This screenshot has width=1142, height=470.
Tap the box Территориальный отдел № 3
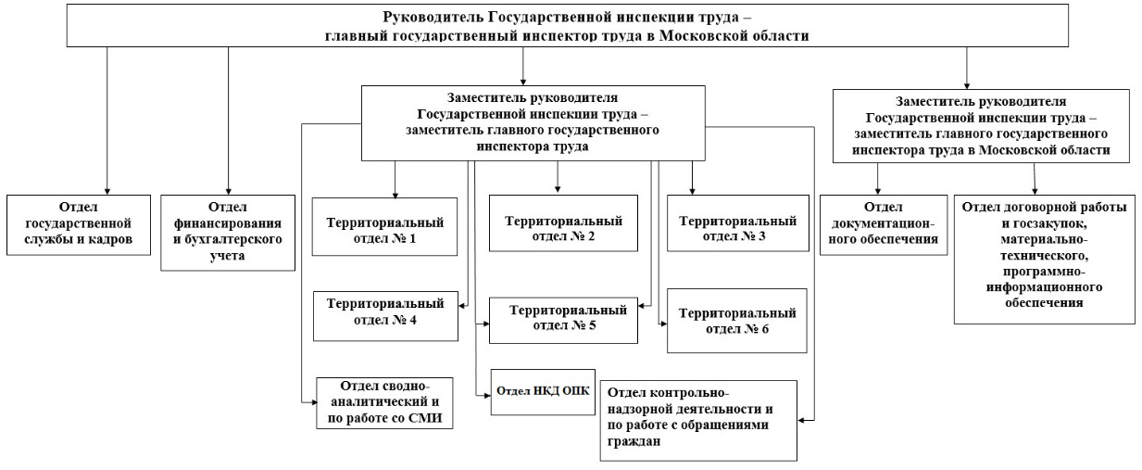click(737, 228)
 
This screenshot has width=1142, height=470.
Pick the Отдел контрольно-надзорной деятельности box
click(698, 418)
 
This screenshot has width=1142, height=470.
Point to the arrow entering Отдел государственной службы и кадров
click(107, 187)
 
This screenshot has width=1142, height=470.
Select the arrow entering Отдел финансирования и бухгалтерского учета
click(228, 187)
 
